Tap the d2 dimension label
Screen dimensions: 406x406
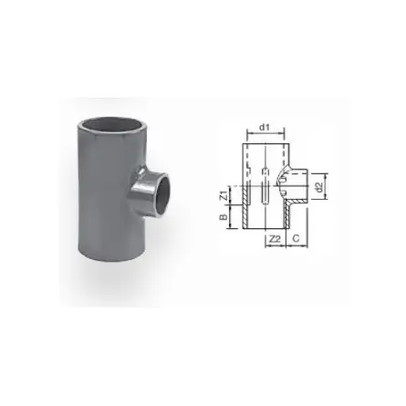(x=318, y=187)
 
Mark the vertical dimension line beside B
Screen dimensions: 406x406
(x=231, y=219)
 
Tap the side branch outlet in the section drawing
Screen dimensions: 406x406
(x=297, y=187)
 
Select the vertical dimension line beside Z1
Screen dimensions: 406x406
(x=231, y=195)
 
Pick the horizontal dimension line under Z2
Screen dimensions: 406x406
(x=273, y=247)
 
